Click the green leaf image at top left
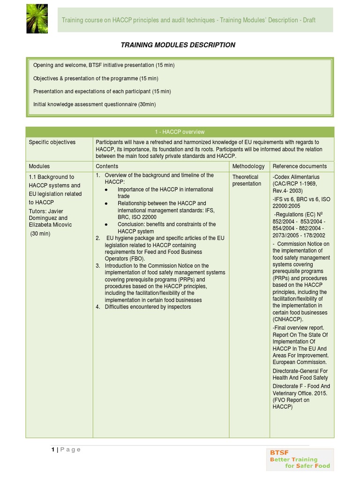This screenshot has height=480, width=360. coord(39,20)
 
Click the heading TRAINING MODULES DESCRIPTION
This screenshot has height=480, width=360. coord(178,45)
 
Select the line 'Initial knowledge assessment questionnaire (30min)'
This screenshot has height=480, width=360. coord(95,104)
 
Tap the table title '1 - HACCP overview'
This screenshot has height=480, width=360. coord(180,132)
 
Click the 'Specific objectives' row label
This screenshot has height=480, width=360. coord(52,142)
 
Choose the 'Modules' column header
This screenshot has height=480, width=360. coord(39,166)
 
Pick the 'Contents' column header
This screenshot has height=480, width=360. coord(107,166)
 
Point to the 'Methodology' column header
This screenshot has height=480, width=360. coord(248,166)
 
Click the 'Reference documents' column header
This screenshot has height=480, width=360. coord(300,166)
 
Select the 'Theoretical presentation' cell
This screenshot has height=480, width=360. coord(247,180)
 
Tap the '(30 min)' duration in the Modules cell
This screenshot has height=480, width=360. coord(41,233)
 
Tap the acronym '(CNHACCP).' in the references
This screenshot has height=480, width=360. coord(288,319)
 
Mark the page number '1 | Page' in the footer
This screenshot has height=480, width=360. coord(66,450)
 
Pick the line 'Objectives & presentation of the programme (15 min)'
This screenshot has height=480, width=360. coord(96,78)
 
